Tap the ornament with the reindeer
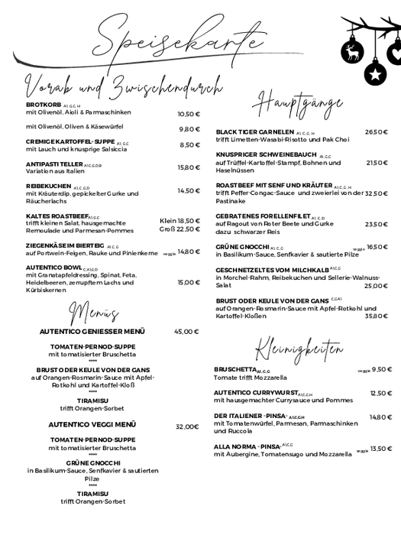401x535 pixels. pos(352,51)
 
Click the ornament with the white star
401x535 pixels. pos(374,73)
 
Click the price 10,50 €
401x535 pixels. pos(188,114)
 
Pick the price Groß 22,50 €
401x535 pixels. pos(179,229)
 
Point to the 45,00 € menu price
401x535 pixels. pos(186,332)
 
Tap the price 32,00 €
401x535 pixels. pos(187,426)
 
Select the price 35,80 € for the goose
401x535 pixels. pos(377,315)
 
